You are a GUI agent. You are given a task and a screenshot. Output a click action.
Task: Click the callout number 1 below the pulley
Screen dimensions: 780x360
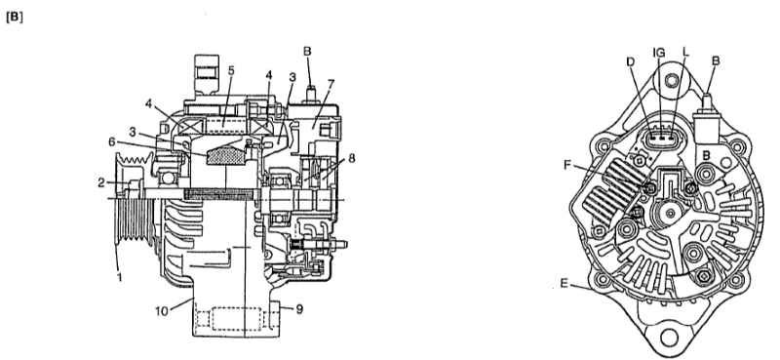(x=119, y=277)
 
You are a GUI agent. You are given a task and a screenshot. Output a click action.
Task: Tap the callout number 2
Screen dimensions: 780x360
(x=101, y=182)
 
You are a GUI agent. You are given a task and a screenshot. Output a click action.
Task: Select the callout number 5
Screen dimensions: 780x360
(x=231, y=71)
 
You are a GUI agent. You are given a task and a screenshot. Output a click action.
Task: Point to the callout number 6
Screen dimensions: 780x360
(x=113, y=141)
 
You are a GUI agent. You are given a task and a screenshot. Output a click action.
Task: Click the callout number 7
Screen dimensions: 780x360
(x=331, y=84)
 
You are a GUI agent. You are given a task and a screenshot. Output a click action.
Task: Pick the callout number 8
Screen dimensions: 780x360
(x=352, y=158)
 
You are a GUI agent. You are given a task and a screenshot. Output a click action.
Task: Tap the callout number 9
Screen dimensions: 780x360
(x=299, y=309)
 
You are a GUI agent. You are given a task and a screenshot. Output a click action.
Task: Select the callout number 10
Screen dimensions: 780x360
(x=162, y=311)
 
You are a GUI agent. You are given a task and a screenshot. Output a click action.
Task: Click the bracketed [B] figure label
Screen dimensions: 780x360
(x=15, y=17)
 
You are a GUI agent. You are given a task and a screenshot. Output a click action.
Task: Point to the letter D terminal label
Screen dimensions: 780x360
(x=630, y=61)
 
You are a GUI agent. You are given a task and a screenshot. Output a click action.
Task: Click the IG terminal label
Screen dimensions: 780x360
(x=659, y=53)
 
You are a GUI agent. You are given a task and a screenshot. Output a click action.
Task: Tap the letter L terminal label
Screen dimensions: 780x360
(x=686, y=53)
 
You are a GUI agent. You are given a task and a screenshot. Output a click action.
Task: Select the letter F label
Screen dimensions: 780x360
(x=567, y=164)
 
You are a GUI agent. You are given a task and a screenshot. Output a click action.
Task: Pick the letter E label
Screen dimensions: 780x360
(x=564, y=283)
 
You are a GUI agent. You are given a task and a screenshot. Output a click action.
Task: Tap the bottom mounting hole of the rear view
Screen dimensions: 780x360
(x=669, y=338)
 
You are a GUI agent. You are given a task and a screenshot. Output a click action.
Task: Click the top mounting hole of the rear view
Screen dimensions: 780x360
(x=672, y=80)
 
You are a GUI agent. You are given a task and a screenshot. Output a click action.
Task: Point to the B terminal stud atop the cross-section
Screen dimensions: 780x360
(x=309, y=94)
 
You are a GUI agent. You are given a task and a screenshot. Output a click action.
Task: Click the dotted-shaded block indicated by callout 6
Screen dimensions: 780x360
(x=225, y=153)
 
